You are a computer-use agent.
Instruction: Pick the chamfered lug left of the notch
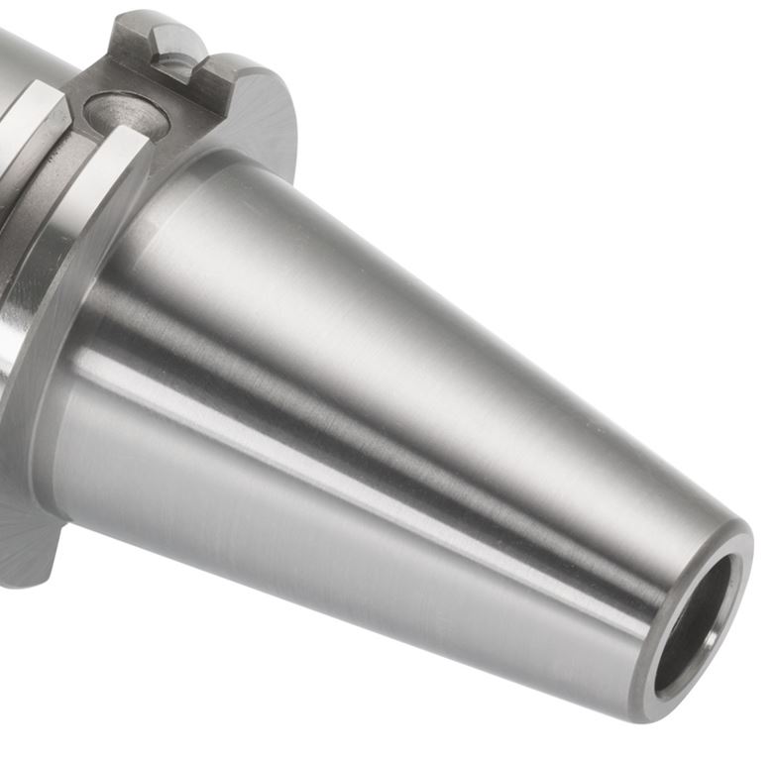pyautogui.click(x=139, y=40)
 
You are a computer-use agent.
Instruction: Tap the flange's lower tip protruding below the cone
pyautogui.click(x=25, y=555)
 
